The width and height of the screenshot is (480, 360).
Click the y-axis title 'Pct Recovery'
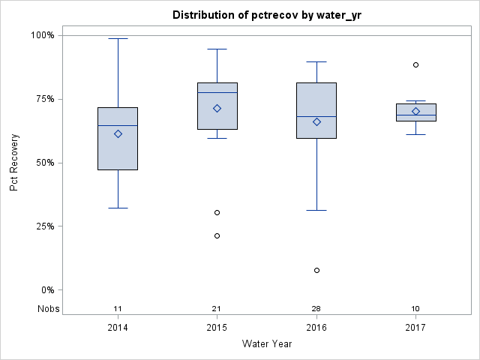(x=14, y=163)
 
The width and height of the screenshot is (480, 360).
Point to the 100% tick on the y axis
(x=42, y=35)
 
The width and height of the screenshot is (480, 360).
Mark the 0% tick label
(x=46, y=290)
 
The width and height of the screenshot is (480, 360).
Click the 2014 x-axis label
(x=118, y=328)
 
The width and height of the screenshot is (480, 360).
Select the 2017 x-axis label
(x=415, y=328)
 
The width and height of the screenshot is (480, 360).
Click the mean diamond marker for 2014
(x=118, y=133)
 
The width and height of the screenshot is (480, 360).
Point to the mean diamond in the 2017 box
(x=415, y=111)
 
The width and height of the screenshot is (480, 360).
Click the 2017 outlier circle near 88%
(x=415, y=64)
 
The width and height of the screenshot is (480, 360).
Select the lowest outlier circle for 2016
(x=316, y=270)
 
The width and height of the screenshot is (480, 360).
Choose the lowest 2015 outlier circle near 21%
(x=217, y=235)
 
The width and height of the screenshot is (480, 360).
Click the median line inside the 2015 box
(x=217, y=92)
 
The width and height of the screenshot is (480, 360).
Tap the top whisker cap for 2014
(x=118, y=38)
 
